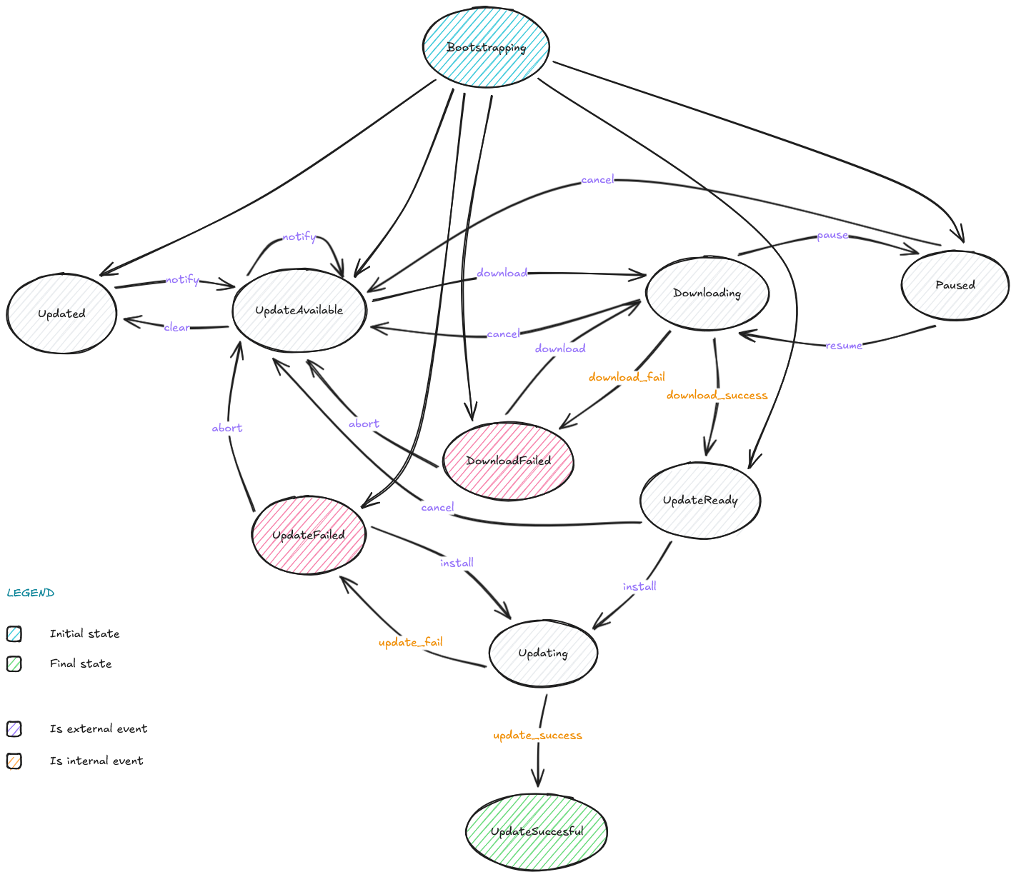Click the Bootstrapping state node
[x=486, y=47]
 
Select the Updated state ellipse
[x=61, y=314]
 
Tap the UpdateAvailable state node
[x=299, y=310]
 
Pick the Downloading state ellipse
[x=707, y=293]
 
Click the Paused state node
[x=955, y=285]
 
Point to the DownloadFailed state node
[x=508, y=461]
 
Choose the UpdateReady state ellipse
[x=700, y=500]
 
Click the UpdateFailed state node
[x=309, y=535]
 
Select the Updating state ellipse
[x=543, y=653]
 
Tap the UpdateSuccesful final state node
[x=537, y=831]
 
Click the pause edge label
[x=832, y=236]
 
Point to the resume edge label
[x=844, y=346]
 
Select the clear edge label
[x=176, y=327]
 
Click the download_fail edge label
[x=627, y=377]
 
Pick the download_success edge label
[x=717, y=395]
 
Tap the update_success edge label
[x=537, y=735]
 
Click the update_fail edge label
[x=410, y=642]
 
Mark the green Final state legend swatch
[x=14, y=663]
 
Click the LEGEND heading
[x=31, y=593]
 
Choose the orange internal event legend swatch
[x=14, y=761]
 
